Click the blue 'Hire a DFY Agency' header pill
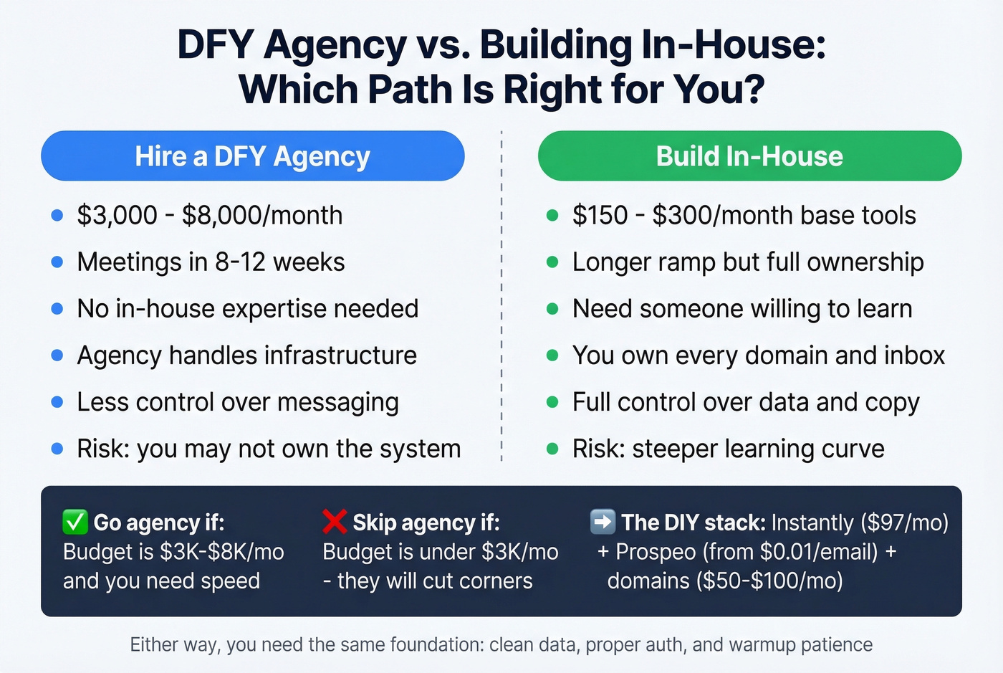click(252, 156)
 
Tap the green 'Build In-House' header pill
click(749, 156)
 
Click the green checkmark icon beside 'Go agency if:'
click(75, 522)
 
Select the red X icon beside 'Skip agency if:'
click(335, 522)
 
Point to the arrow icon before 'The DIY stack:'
click(603, 522)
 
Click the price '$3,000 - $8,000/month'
click(209, 215)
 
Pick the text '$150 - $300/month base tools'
click(744, 215)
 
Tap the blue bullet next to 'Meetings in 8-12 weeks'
click(57, 262)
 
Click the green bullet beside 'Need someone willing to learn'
click(552, 309)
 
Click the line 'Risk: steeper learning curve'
click(728, 449)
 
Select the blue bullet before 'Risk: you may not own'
click(57, 449)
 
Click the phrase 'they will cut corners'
click(435, 581)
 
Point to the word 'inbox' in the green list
click(914, 355)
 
